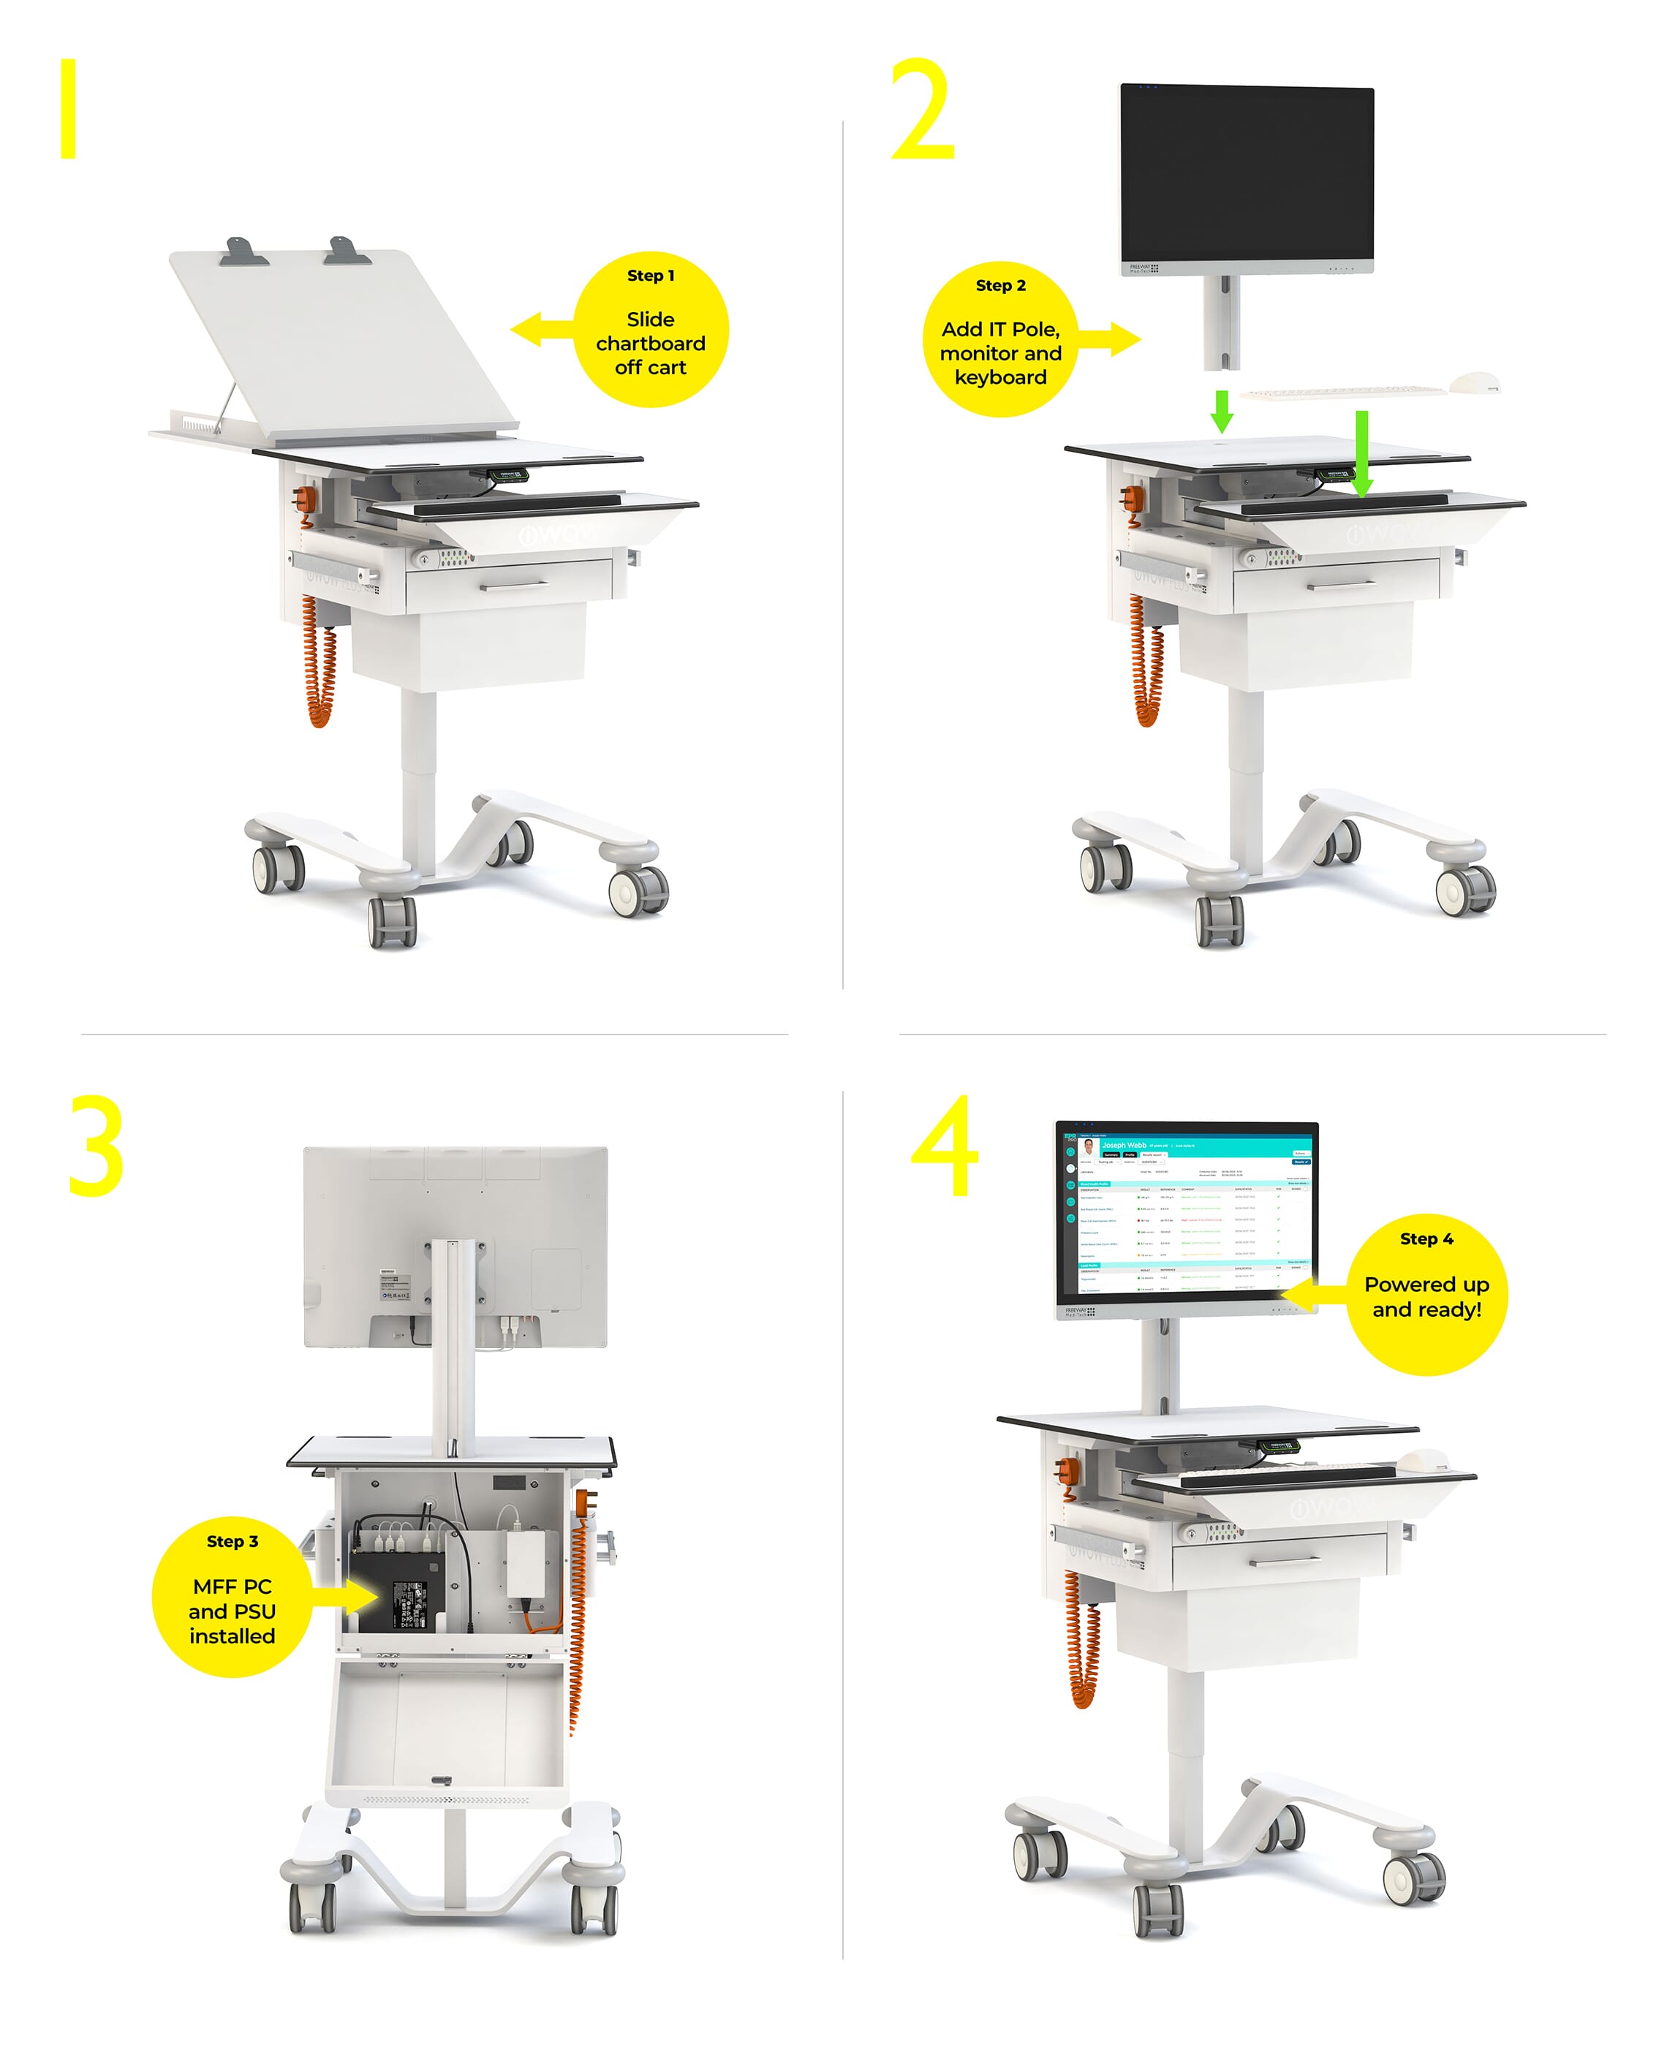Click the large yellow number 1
click(68, 108)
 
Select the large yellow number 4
click(946, 1147)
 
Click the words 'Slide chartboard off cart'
click(650, 343)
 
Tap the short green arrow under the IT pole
click(1222, 410)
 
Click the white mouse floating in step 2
click(1474, 382)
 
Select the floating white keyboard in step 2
click(1342, 392)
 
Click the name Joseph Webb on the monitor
click(1124, 1145)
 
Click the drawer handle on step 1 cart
click(514, 585)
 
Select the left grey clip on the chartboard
click(238, 251)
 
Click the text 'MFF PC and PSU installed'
click(232, 1610)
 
